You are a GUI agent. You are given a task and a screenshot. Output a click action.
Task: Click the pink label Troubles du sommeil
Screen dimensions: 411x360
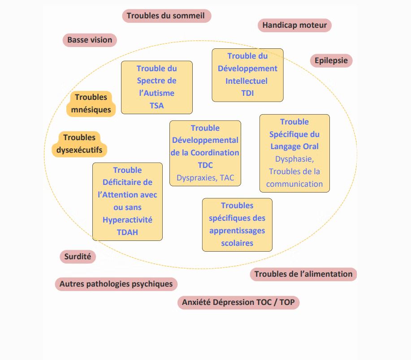(166, 16)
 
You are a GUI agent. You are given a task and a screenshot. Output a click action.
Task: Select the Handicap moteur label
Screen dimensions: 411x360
(294, 25)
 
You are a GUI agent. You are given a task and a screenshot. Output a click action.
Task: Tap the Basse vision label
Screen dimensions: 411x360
(90, 40)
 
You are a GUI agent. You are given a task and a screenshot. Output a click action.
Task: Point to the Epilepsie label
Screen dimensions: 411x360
(331, 60)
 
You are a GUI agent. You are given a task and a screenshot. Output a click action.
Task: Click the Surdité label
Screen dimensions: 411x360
(78, 257)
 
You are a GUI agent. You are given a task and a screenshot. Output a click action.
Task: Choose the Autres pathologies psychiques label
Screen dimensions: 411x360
(116, 284)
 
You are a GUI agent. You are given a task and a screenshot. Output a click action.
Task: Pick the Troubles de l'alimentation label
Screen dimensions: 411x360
(303, 274)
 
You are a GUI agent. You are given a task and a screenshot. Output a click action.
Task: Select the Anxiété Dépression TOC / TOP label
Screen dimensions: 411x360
(238, 302)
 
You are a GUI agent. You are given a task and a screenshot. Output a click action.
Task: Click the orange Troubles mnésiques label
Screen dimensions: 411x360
(91, 104)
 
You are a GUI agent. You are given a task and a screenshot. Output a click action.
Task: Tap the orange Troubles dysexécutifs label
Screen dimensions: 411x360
(79, 144)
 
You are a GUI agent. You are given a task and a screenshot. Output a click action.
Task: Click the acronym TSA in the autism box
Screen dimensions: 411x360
(157, 106)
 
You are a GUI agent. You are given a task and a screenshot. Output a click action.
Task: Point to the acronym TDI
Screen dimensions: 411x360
(247, 93)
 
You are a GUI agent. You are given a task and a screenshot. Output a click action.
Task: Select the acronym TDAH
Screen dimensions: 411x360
(127, 232)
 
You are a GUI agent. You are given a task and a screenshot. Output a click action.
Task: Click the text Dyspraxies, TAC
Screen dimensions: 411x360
(205, 178)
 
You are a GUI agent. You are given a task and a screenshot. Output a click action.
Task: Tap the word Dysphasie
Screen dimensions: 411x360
(294, 159)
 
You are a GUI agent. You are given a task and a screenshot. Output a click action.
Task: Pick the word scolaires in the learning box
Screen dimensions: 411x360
(237, 243)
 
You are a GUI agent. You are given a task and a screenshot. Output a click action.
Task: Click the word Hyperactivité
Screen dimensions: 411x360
(127, 220)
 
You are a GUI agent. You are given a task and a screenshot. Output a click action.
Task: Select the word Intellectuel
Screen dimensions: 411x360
(247, 81)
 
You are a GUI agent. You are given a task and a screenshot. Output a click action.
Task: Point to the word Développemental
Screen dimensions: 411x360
(205, 140)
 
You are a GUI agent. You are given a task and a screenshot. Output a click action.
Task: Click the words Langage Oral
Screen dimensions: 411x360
(294, 146)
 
